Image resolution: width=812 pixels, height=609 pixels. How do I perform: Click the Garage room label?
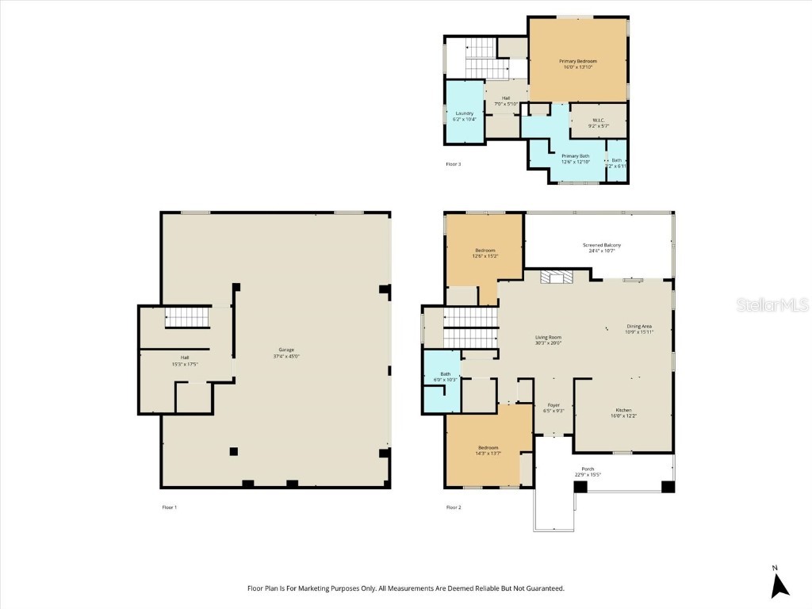coord(286,350)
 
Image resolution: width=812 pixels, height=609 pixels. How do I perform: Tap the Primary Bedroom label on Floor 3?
coord(577,61)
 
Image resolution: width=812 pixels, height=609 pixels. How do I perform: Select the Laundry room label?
coord(465,113)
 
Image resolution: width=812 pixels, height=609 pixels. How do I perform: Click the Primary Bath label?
coord(576,156)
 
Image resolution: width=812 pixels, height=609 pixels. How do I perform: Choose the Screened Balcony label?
coord(602,245)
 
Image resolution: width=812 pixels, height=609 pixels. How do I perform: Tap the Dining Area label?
coord(639,326)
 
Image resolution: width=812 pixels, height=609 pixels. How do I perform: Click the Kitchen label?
coord(621,410)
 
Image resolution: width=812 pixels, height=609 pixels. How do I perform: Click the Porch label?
coord(588,469)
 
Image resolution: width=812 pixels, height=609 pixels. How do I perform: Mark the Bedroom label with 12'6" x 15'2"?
coord(485,251)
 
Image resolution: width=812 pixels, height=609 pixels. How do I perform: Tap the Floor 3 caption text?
coord(453,164)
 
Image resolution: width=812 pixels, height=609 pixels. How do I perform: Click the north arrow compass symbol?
coord(780,584)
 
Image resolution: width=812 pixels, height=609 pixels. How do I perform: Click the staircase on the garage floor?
coord(188,318)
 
